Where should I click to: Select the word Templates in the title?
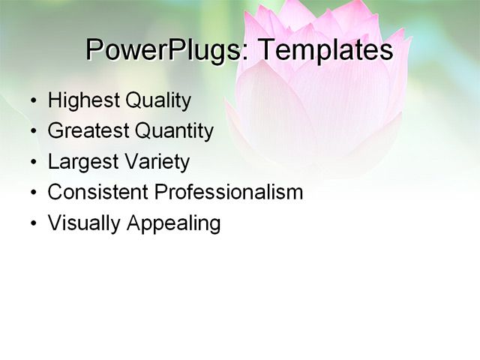(x=325, y=49)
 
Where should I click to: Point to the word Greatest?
(x=88, y=131)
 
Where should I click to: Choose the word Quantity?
(x=174, y=131)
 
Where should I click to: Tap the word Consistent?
(x=98, y=192)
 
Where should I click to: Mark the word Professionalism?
(x=229, y=192)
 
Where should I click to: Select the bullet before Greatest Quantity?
(x=34, y=132)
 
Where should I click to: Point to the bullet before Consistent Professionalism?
(x=34, y=193)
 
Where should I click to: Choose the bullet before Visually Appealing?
(x=34, y=223)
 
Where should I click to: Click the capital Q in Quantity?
(x=142, y=131)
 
